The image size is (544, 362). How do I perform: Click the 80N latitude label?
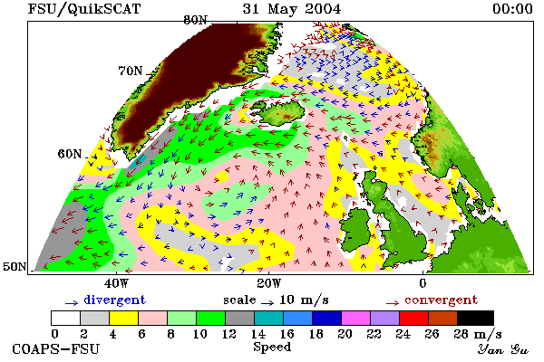[x=196, y=20]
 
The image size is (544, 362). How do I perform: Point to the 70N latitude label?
[x=131, y=71]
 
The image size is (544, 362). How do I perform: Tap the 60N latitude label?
[x=70, y=154]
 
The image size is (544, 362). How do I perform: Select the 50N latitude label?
[x=15, y=266]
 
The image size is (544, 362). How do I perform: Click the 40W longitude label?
[x=116, y=283]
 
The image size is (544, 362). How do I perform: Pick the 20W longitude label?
[x=269, y=283]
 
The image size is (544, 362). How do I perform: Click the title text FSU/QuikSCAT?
[x=84, y=9]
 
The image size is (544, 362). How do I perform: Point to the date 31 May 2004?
[x=292, y=9]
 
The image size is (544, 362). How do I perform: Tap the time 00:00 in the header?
[x=512, y=9]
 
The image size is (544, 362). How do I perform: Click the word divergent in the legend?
[x=114, y=300]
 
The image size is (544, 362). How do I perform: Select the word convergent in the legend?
[x=441, y=300]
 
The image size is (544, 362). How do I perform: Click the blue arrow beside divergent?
[x=72, y=303]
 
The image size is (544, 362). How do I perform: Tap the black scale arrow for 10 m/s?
[x=267, y=303]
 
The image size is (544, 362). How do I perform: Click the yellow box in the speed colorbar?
[x=123, y=318]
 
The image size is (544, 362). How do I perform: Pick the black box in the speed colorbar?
[x=475, y=318]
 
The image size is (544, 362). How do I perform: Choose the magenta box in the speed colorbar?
[x=356, y=318]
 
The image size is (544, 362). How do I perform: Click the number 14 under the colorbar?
[x=257, y=334]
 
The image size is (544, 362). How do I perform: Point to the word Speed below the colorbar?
[x=272, y=347]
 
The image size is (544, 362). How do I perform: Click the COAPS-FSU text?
[x=56, y=348]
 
